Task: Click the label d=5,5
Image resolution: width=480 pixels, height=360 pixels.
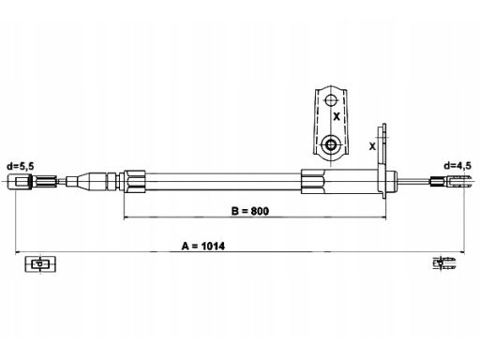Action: (21, 166)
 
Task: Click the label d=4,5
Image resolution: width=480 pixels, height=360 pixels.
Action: (457, 166)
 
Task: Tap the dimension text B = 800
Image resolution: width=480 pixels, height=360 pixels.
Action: (249, 211)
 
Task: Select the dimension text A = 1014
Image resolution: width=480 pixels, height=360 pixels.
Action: (203, 246)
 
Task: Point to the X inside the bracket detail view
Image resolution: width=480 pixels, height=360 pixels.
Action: (337, 116)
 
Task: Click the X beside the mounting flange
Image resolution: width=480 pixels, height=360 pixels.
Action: (372, 146)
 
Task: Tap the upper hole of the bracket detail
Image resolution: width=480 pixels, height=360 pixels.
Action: (330, 100)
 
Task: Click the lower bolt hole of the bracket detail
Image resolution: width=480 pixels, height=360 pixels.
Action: (330, 144)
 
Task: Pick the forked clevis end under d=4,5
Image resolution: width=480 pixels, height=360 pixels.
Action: (451, 181)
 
